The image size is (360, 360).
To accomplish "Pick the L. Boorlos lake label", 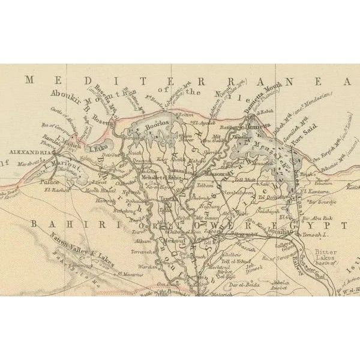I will [152, 123].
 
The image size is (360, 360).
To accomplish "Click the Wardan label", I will [149, 267].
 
